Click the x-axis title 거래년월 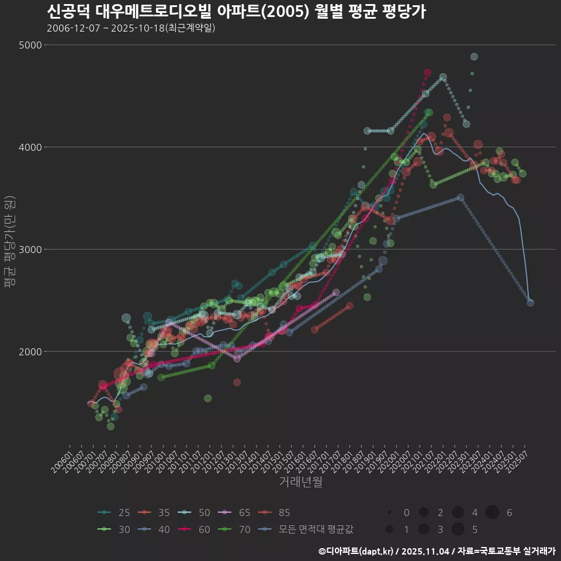pos(301,482)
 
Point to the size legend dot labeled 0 pos(389,512)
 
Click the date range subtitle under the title pos(131,27)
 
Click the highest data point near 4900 pos(474,57)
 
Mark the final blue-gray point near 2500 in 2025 pos(531,303)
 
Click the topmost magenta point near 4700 pos(428,72)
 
